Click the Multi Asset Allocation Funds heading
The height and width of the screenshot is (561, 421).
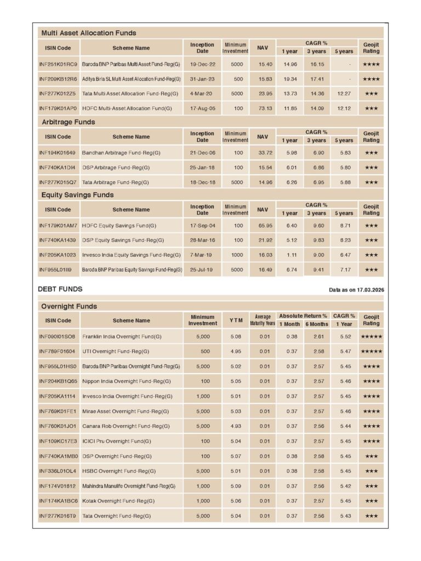tap(89, 33)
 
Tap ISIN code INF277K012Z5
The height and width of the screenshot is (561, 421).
tap(58, 94)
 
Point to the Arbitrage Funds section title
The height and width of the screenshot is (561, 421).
tap(68, 122)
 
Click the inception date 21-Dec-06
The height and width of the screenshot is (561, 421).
tap(202, 152)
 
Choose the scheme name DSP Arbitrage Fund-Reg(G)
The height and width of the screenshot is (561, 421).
tap(116, 167)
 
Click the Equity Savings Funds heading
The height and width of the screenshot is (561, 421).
tap(77, 194)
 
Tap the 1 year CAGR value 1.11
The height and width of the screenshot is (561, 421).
tap(291, 255)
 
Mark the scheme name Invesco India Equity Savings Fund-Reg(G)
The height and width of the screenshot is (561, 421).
tap(132, 255)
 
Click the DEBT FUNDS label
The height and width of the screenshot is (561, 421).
tap(60, 289)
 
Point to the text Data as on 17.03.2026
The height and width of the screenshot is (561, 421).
tap(356, 289)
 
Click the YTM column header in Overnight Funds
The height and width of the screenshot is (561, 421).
tap(236, 320)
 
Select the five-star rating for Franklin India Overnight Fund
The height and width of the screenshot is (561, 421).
tap(371, 336)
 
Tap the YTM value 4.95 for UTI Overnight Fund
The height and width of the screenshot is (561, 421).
tap(236, 351)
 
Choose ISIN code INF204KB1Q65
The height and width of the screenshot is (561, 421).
tap(58, 381)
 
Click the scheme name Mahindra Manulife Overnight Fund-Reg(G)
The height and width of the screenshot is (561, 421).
tap(129, 486)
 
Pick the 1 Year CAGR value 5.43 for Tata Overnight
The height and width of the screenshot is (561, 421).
tap(345, 516)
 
